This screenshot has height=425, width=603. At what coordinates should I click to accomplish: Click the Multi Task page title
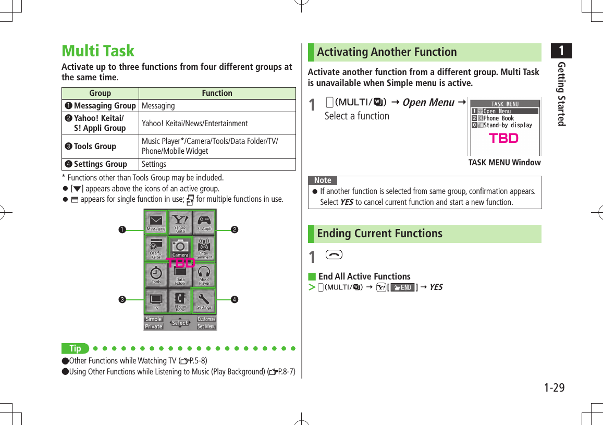(x=98, y=51)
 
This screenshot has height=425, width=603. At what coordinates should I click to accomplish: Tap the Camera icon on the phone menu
(x=180, y=248)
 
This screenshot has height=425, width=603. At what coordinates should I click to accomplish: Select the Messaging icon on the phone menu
(x=156, y=222)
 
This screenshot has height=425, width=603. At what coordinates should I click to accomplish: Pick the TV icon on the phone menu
(x=156, y=300)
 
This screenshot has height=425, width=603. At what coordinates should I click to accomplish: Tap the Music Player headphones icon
(x=204, y=274)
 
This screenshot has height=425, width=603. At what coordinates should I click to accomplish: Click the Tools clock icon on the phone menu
(x=156, y=274)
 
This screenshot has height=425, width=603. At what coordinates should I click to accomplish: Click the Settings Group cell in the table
(x=100, y=164)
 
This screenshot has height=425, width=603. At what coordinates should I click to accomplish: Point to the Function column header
(x=217, y=93)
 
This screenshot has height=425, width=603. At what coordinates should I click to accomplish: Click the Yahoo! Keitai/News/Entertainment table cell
(x=217, y=124)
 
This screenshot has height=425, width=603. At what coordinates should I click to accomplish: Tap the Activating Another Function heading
(x=387, y=52)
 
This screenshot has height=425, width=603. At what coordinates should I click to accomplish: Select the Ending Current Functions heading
(x=379, y=234)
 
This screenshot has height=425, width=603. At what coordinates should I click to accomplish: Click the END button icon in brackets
(x=402, y=287)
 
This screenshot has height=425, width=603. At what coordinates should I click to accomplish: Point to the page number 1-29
(x=554, y=388)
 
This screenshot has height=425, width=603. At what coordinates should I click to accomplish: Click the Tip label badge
(x=76, y=348)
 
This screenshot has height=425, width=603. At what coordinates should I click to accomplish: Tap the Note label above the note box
(x=323, y=180)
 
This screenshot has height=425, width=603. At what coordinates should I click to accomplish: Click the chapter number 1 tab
(x=561, y=51)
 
